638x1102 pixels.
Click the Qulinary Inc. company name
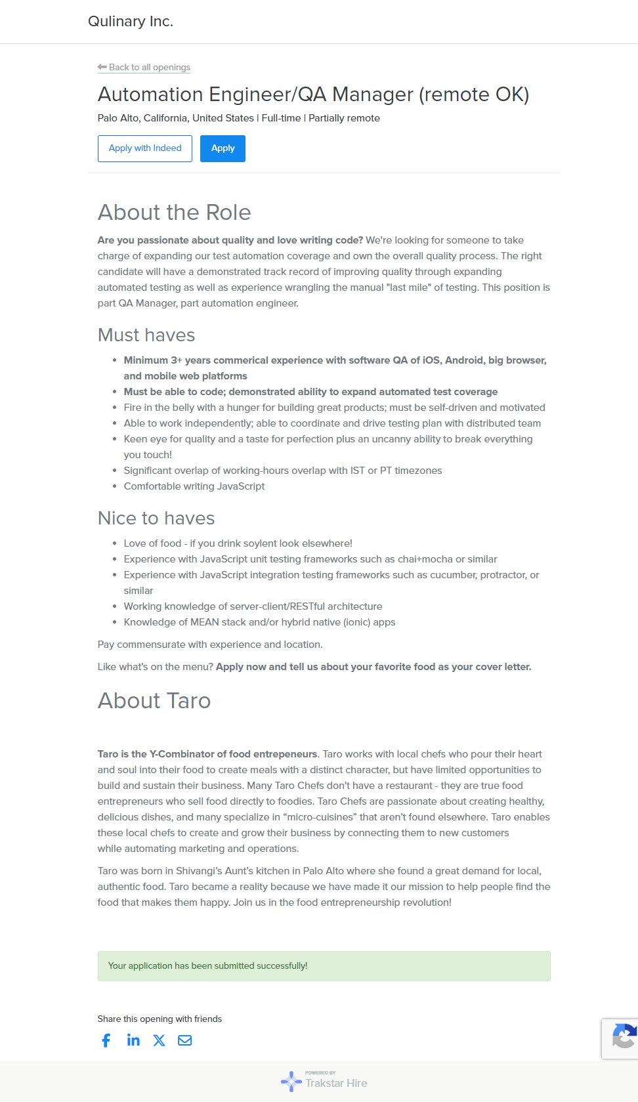tap(131, 22)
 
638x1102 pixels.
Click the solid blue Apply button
tap(223, 148)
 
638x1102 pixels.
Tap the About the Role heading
tap(174, 213)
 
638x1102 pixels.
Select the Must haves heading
tap(146, 335)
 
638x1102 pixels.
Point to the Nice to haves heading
tap(156, 519)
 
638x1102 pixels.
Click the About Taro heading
tap(154, 701)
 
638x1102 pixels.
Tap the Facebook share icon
tap(106, 1040)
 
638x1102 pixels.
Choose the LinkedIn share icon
tap(133, 1040)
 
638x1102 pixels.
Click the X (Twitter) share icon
tap(159, 1040)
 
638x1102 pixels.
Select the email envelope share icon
tap(185, 1040)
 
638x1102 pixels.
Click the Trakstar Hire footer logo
tap(324, 1082)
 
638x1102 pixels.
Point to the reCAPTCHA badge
tap(621, 1038)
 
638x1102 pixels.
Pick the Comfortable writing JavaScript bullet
tap(194, 486)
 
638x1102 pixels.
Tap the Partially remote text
tap(344, 118)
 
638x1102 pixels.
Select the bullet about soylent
tap(238, 543)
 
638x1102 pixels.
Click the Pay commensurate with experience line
tap(210, 645)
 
